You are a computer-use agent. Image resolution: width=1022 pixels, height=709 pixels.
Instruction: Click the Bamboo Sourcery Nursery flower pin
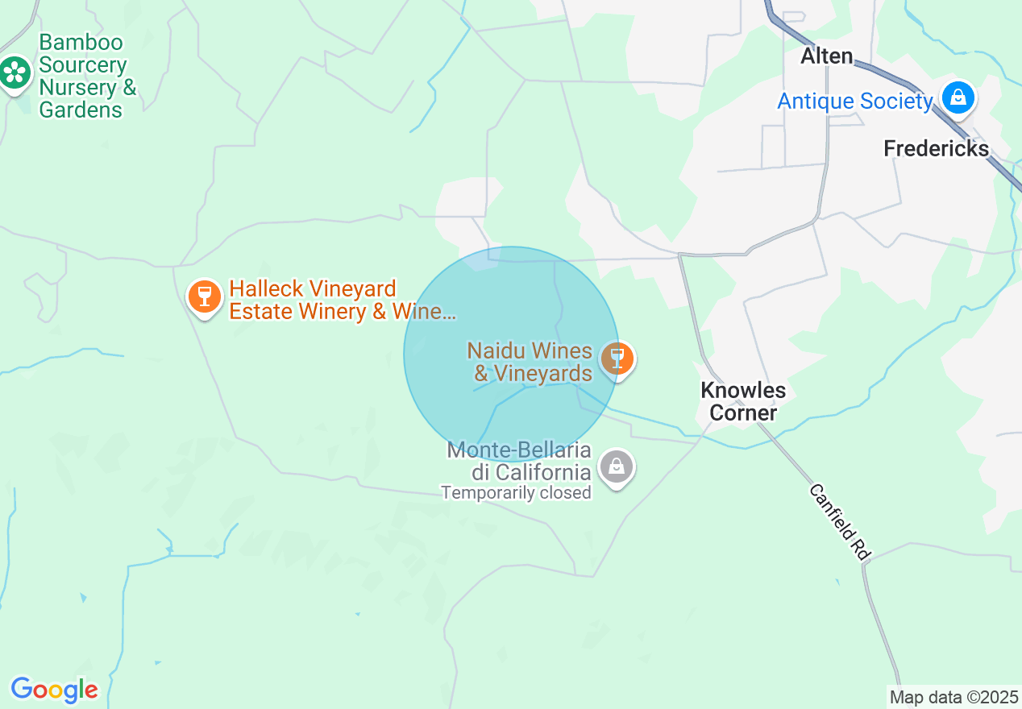15,73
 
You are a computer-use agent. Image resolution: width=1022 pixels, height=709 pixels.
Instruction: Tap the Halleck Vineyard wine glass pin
204,296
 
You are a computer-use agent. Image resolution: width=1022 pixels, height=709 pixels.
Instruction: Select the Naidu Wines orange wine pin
617,357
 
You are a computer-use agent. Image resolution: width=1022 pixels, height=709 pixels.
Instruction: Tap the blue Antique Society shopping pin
958,98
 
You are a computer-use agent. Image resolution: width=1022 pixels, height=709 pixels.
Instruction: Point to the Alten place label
826,56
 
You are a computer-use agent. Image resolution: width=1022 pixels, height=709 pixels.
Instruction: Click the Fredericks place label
936,149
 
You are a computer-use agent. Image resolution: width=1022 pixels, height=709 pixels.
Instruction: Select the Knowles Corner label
742,401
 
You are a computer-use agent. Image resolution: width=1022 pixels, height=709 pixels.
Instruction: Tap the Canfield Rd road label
840,522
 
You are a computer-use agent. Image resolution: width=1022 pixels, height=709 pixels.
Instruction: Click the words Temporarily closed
516,491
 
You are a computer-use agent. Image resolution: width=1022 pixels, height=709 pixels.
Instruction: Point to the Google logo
54,690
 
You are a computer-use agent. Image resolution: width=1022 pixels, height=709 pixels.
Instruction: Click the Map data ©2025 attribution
953,697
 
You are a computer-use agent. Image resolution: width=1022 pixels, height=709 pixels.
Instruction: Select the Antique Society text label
854,102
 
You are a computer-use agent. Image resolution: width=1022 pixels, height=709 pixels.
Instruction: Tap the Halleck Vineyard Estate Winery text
343,300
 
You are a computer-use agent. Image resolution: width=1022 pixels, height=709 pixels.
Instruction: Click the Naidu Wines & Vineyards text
530,363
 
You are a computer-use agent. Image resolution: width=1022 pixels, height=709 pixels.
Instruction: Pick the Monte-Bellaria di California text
520,460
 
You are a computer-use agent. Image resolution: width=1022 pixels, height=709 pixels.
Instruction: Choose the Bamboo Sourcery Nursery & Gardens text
87,76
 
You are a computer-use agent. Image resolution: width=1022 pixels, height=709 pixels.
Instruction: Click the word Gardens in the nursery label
81,110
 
